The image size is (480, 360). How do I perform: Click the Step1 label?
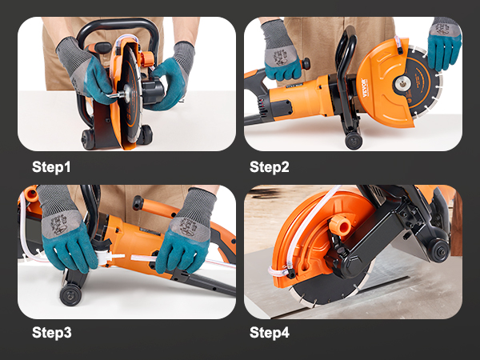point(51,167)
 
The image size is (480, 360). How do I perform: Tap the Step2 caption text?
point(269,167)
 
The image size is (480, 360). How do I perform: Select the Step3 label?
point(51,333)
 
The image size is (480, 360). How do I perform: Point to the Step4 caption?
point(269,333)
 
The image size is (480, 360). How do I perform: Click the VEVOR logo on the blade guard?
point(364,88)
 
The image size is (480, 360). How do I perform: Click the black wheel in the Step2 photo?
point(354,141)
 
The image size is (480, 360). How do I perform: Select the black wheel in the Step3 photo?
point(70,295)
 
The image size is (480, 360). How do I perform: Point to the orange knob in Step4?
point(341,224)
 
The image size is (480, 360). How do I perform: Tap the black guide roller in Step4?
point(438,250)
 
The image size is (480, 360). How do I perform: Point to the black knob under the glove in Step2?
point(306,64)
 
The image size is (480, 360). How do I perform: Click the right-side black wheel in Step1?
point(146,134)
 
